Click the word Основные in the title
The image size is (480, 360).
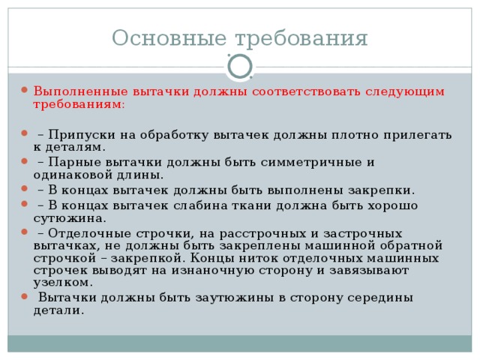(x=169, y=37)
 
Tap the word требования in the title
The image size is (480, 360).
(x=301, y=39)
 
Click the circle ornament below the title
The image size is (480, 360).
(x=240, y=67)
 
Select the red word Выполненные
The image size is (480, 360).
(x=80, y=91)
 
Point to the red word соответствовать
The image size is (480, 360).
(x=306, y=91)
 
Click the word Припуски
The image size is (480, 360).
(x=82, y=135)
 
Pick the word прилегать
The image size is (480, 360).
(x=418, y=135)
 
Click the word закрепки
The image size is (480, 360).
(x=382, y=190)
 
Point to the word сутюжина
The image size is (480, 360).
(x=70, y=218)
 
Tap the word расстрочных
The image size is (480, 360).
(x=262, y=234)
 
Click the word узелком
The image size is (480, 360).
(x=63, y=283)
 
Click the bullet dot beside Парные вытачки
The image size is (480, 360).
(x=25, y=161)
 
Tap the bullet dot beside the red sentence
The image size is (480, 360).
(x=25, y=90)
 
